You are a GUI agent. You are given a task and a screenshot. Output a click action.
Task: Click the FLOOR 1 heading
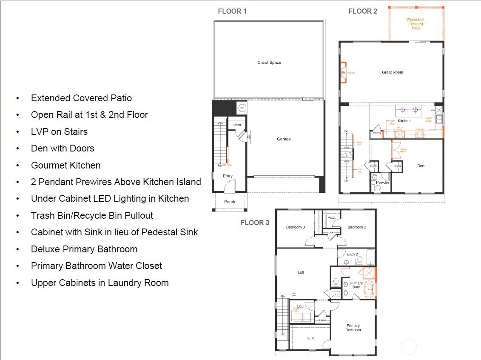click(232, 11)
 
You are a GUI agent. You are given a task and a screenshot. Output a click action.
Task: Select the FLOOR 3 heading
click(255, 223)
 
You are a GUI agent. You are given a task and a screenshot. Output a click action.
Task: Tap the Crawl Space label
click(269, 63)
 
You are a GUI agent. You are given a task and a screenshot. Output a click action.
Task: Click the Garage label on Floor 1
click(284, 139)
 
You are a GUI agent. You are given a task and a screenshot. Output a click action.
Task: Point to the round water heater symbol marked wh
click(242, 108)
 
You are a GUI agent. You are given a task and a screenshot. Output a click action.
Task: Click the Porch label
click(229, 202)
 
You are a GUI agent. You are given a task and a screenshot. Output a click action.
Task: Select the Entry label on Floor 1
click(228, 176)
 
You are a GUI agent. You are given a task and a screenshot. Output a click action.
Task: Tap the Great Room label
click(392, 72)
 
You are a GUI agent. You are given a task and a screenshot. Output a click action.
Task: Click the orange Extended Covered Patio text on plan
click(416, 24)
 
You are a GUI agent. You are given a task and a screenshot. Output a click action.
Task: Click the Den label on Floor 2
click(421, 166)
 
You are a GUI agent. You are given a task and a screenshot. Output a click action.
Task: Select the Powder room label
click(383, 183)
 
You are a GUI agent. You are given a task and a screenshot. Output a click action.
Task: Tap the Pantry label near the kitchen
click(377, 133)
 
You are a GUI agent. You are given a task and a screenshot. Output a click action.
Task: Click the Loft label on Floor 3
click(301, 272)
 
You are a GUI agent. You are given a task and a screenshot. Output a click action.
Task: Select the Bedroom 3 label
click(295, 227)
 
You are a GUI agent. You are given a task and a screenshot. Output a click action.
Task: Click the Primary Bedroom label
click(353, 328)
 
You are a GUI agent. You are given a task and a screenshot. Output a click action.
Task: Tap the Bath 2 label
click(353, 254)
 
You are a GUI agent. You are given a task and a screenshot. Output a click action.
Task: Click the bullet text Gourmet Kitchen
click(65, 165)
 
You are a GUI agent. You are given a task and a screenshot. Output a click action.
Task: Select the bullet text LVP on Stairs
click(59, 131)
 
